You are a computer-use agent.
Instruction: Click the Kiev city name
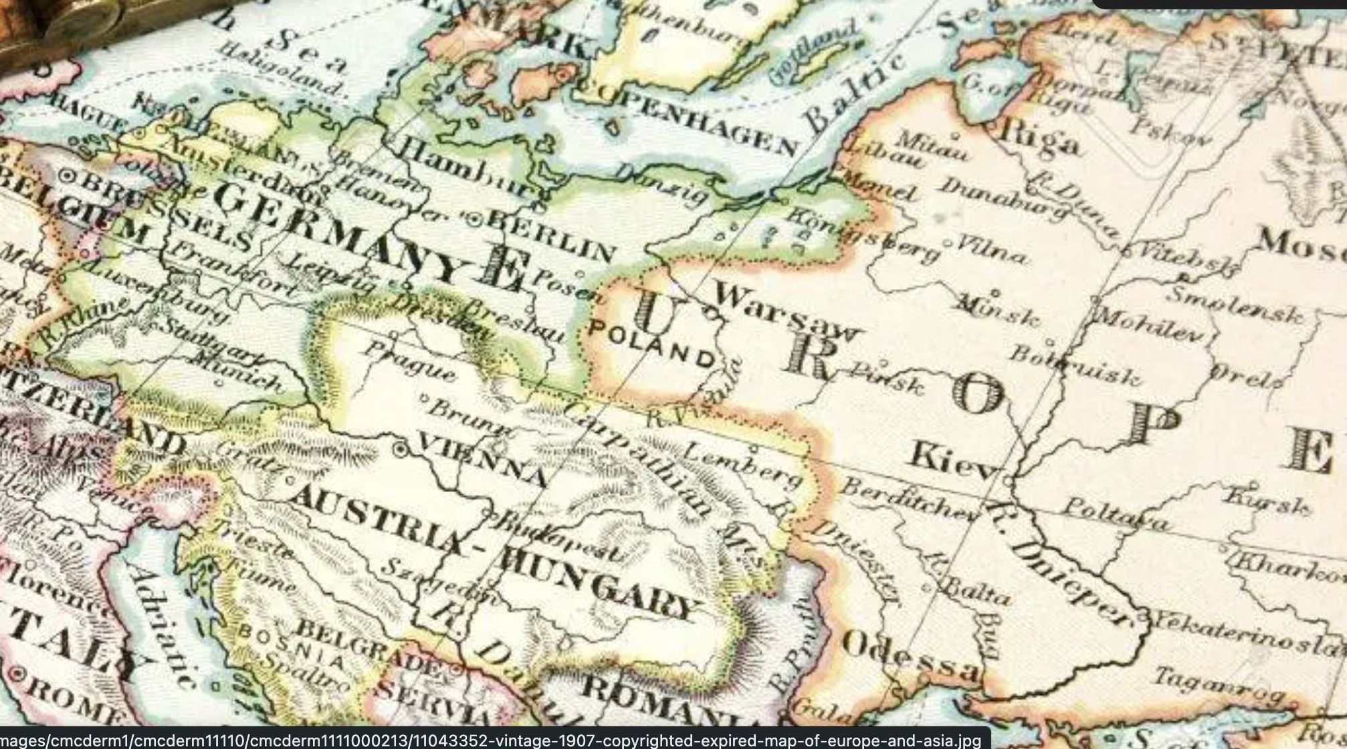click(x=953, y=461)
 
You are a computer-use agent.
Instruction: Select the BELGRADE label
click(x=368, y=645)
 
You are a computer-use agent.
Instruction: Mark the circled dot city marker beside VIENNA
click(x=400, y=450)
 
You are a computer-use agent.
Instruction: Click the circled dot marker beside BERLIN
click(x=475, y=218)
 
